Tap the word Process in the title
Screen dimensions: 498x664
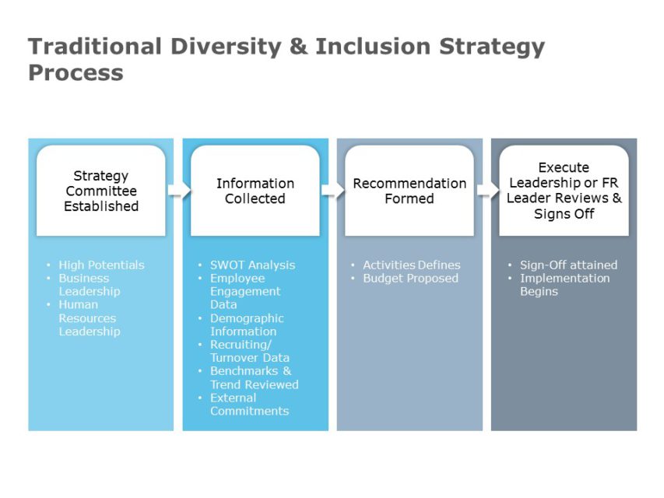coord(76,72)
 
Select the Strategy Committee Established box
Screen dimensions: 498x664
coord(101,191)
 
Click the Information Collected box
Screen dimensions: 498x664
coord(255,191)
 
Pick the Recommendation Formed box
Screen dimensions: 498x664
coord(409,191)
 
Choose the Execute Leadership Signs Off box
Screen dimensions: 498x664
coord(564,191)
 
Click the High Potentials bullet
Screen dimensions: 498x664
coord(101,265)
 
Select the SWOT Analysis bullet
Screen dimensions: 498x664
coord(252,265)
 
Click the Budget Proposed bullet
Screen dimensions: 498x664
coord(410,278)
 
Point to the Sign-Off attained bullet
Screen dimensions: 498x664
coord(568,265)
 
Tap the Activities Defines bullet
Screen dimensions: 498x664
coord(411,265)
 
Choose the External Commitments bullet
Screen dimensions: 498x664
coord(249,405)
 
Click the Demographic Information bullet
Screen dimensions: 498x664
coord(247,324)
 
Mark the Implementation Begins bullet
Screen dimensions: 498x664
coord(564,285)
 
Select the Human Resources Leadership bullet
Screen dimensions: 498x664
coord(90,318)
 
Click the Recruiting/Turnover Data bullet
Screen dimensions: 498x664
coord(249,351)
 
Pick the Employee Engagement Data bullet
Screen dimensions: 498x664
coord(245,291)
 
